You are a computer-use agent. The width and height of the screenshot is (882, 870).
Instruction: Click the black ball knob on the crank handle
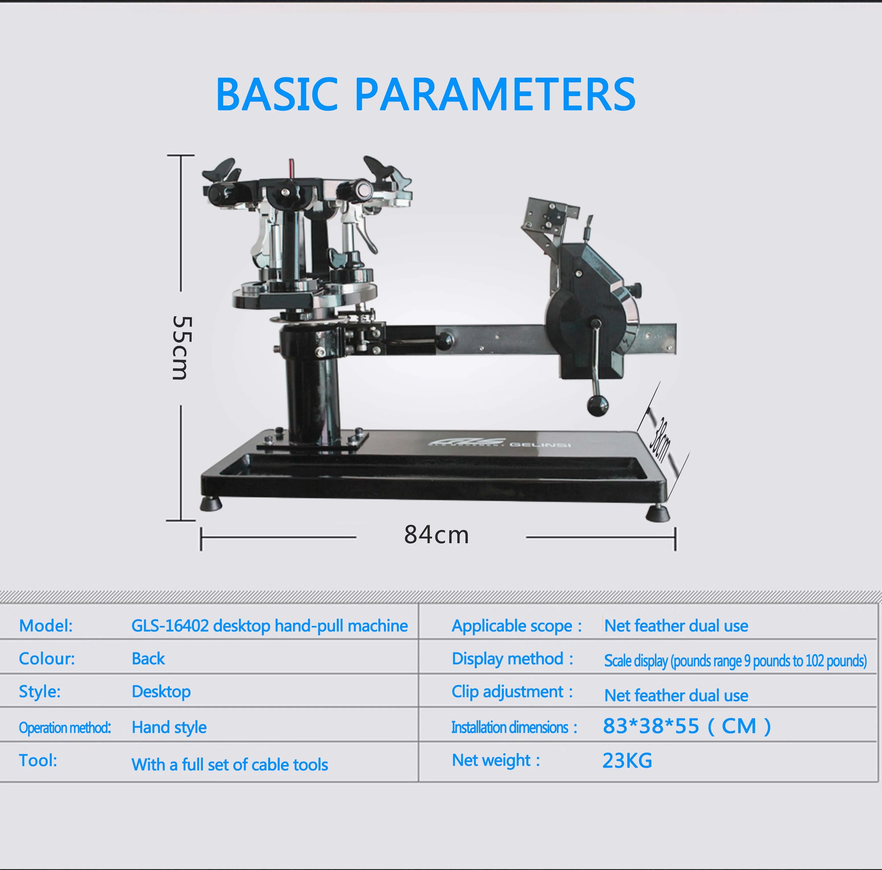[597, 405]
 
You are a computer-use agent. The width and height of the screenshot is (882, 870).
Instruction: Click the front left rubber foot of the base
[211, 504]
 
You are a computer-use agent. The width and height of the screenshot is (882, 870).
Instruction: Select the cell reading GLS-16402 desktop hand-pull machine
[269, 626]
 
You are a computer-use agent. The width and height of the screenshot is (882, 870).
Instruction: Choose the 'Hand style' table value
[169, 727]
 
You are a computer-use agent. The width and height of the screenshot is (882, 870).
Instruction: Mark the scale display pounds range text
[735, 660]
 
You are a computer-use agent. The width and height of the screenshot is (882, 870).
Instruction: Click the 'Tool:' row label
[38, 760]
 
